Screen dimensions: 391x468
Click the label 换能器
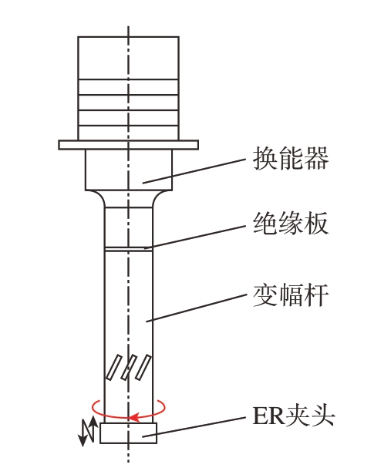[291, 159]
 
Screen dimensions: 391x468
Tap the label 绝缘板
[291, 224]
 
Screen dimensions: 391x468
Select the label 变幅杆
[291, 295]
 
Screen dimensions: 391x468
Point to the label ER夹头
[293, 416]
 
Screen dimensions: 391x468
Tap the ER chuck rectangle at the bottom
[128, 433]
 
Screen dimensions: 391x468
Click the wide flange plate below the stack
[128, 145]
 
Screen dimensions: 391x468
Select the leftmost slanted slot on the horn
[114, 367]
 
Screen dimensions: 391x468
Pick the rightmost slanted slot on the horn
[143, 367]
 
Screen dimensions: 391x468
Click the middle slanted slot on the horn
[129, 367]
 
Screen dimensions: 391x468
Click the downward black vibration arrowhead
[83, 441]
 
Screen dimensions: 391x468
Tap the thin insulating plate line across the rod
[129, 249]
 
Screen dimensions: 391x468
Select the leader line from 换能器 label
[194, 171]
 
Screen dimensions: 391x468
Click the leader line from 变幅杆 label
[196, 308]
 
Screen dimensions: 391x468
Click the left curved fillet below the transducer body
[96, 198]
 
